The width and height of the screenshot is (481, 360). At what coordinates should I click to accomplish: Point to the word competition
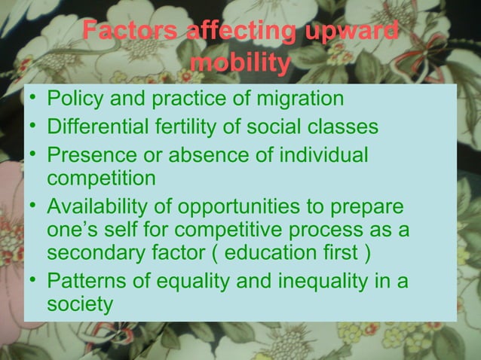[102, 179]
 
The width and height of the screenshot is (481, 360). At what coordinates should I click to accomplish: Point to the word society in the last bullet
[80, 304]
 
